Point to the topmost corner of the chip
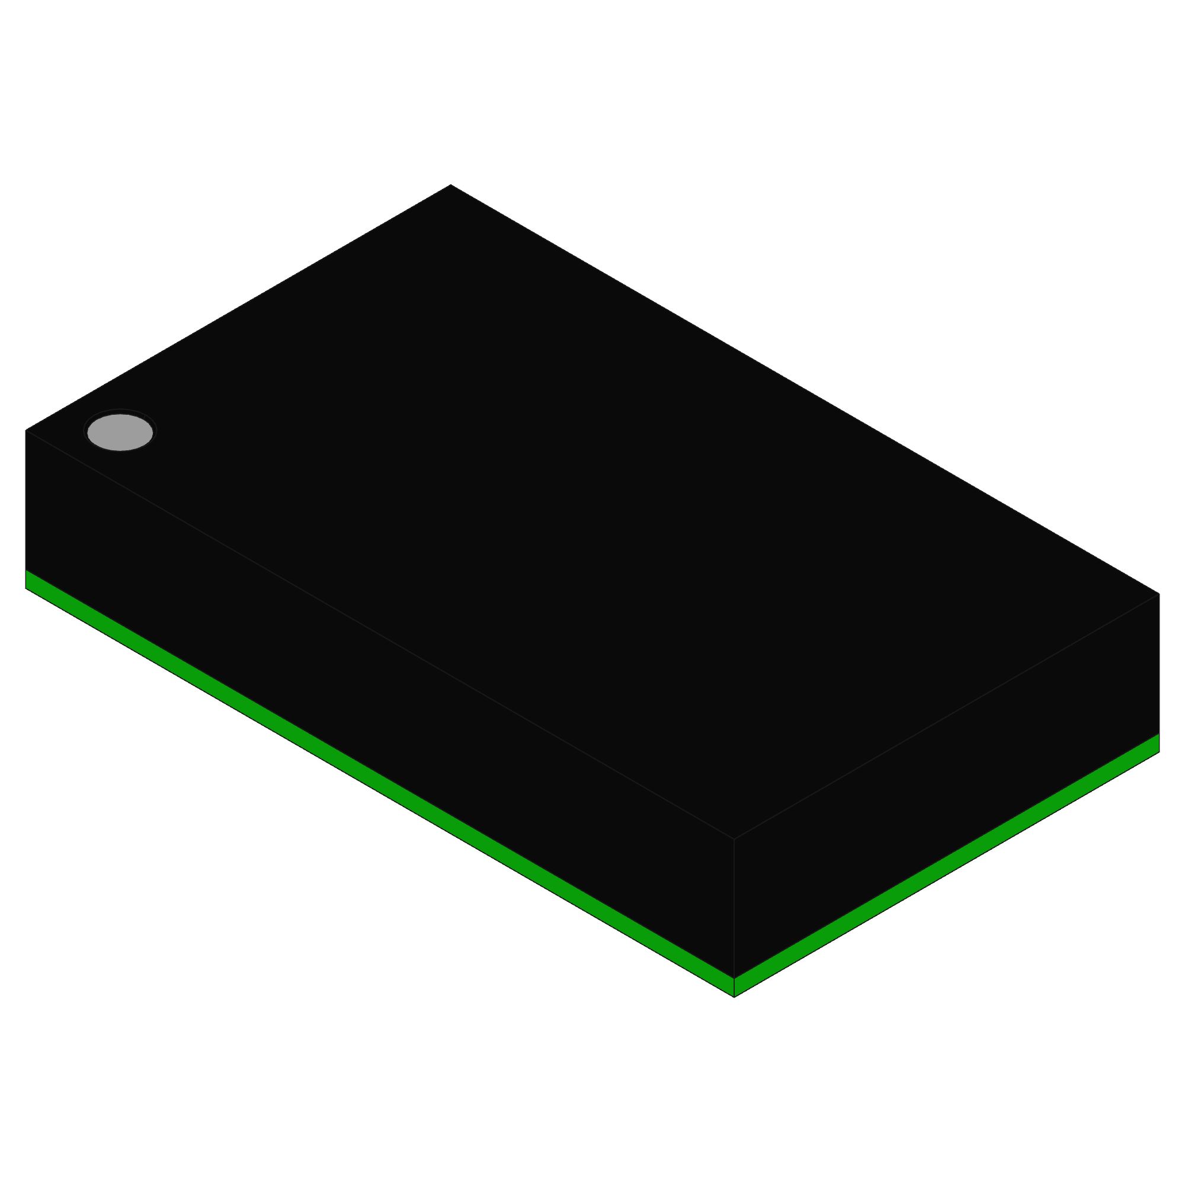(x=451, y=185)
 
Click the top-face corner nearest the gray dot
(x=25, y=430)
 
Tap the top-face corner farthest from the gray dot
(x=1158, y=594)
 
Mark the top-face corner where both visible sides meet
(x=734, y=838)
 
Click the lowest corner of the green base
(x=734, y=997)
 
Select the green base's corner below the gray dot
(x=25, y=588)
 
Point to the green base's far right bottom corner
(x=1158, y=752)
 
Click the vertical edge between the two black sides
(x=734, y=908)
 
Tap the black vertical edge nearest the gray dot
(x=25, y=500)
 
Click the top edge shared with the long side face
(x=380, y=634)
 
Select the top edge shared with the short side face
(x=946, y=716)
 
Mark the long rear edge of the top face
(x=805, y=389)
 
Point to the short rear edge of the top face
(x=238, y=308)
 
